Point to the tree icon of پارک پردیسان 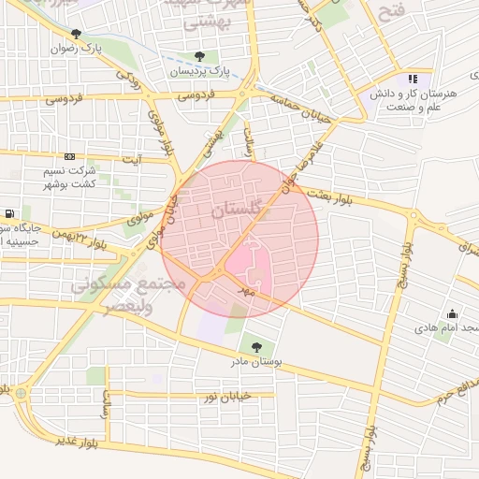(x=200, y=56)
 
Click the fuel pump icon (x=9, y=213)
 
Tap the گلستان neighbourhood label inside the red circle (x=241, y=211)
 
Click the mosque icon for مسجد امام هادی (x=453, y=314)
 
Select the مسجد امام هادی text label (x=449, y=329)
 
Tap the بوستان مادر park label (x=256, y=361)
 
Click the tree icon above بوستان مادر (x=256, y=347)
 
